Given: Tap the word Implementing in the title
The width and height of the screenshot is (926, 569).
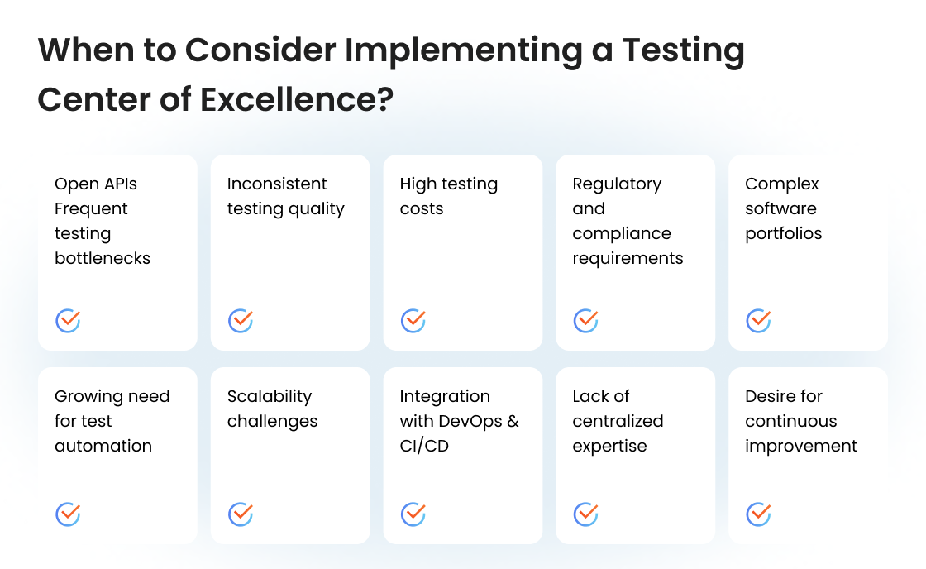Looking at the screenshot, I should click(x=463, y=50).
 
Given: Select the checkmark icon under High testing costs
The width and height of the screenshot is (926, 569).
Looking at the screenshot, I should click(x=413, y=320).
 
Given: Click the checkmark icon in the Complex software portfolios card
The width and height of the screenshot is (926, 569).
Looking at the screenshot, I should click(x=758, y=320).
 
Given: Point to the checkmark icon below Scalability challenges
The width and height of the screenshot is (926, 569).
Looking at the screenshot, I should click(x=241, y=514).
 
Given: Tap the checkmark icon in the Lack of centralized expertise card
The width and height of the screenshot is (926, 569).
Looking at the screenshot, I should click(x=586, y=514).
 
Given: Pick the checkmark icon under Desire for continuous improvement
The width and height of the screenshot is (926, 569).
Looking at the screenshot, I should click(x=758, y=514).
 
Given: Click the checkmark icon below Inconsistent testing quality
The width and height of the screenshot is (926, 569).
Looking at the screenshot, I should click(x=241, y=320).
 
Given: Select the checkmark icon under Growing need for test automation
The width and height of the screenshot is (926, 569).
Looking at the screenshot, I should click(x=68, y=514).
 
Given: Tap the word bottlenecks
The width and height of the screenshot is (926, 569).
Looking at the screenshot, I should click(x=103, y=258).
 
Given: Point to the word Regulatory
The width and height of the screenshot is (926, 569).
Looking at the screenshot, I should click(x=617, y=184).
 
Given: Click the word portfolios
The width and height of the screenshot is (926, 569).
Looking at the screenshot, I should click(x=783, y=233).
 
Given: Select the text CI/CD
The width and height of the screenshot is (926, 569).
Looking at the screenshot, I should click(x=423, y=446).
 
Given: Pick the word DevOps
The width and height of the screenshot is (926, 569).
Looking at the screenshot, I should click(x=470, y=421).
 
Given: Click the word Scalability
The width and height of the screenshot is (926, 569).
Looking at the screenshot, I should click(x=270, y=396).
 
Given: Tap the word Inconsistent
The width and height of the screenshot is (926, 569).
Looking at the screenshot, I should click(x=277, y=184).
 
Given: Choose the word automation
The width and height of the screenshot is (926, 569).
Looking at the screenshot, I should click(x=103, y=446).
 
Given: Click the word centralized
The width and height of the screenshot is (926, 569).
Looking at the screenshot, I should click(x=618, y=421).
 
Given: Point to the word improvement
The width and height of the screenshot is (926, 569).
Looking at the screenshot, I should click(x=800, y=446).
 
